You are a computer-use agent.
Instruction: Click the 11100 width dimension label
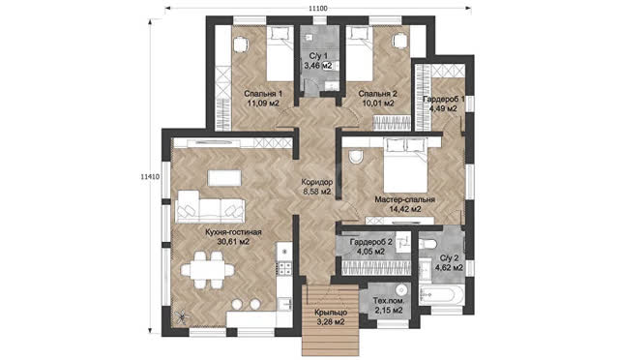coord(317,9)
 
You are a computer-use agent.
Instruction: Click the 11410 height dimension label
coord(150,177)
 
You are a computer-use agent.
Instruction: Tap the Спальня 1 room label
coord(263,94)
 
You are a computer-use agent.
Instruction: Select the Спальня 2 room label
coord(377,94)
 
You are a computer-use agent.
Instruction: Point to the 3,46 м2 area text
coord(317,66)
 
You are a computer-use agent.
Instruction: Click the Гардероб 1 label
coord(443,99)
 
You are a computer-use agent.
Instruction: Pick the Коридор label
coord(316,182)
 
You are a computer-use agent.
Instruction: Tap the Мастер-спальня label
coord(404,199)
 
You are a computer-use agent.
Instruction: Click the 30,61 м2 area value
coord(233,242)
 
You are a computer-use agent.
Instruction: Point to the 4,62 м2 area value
coord(449,268)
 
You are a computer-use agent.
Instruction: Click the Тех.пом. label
coord(389,301)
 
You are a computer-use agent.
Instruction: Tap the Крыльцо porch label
coord(331,313)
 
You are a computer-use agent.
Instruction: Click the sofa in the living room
coord(211,207)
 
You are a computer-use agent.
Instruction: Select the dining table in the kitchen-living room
coord(207,270)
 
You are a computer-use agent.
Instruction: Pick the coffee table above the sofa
coord(224,178)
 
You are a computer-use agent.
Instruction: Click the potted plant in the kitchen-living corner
coord(182,316)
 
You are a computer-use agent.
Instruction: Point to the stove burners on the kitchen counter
coord(285,268)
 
